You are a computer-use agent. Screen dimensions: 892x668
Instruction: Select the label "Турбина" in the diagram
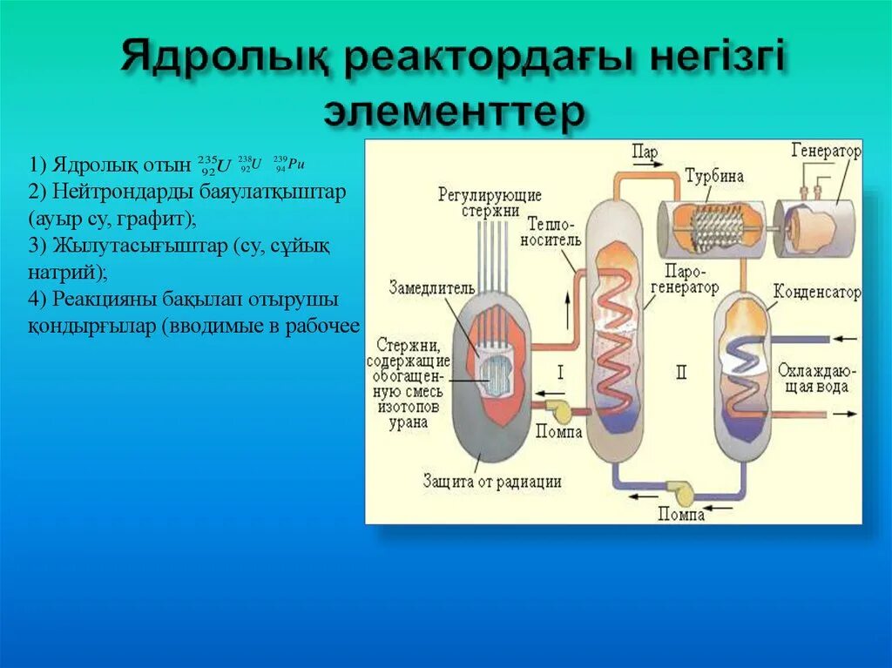tap(713, 175)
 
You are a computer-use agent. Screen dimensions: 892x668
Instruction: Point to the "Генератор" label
tap(826, 152)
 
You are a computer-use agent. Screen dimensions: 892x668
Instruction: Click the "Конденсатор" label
tap(816, 292)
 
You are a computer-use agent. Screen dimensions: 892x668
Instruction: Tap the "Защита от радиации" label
tap(492, 481)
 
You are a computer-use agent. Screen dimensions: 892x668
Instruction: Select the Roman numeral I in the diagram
tap(560, 373)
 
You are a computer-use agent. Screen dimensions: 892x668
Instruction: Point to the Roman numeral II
tap(680, 373)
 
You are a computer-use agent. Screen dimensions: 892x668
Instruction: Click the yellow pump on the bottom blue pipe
tap(680, 493)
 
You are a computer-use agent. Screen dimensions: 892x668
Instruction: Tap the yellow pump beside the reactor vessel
tap(557, 407)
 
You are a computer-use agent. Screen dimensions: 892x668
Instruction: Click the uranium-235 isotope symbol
tap(214, 165)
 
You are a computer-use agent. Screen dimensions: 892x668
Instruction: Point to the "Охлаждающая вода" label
tap(812, 378)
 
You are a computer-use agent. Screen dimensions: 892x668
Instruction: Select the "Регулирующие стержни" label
tap(490, 202)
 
